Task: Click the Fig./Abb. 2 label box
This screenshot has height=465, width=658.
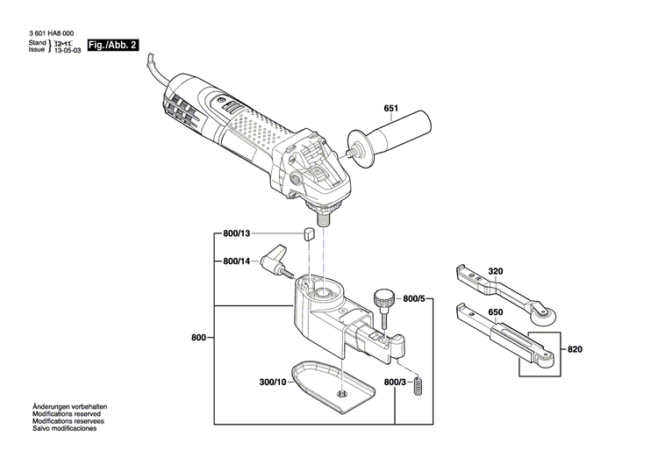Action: point(114,45)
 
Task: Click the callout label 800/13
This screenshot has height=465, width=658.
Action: point(237,234)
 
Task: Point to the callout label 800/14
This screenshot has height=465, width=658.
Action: point(237,261)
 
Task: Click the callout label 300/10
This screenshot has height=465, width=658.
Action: point(272,383)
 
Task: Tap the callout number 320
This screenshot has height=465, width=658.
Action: point(496,271)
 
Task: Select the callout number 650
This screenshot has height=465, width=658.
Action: point(496,312)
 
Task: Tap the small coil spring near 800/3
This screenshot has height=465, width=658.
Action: point(420,383)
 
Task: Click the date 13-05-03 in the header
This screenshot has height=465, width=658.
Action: point(68,51)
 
